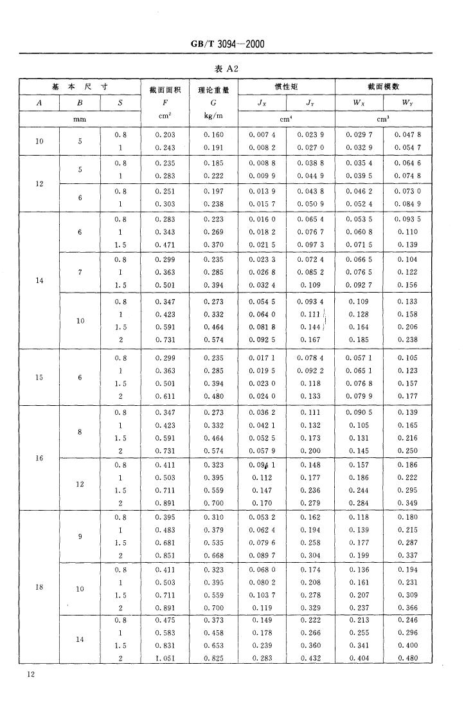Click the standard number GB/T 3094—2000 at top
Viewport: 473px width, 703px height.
228,44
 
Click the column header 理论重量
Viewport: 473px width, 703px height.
213,90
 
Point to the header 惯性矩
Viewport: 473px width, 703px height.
286,86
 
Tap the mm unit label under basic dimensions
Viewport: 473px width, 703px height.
80,118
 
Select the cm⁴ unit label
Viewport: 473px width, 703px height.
286,118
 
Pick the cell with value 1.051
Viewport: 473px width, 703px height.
165,658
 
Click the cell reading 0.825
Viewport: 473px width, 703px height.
213,658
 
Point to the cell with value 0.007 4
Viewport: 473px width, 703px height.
262,135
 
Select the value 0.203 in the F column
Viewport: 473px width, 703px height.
165,135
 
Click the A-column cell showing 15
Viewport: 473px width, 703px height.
39,378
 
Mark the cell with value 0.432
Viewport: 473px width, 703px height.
310,658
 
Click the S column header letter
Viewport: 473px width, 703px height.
120,102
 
